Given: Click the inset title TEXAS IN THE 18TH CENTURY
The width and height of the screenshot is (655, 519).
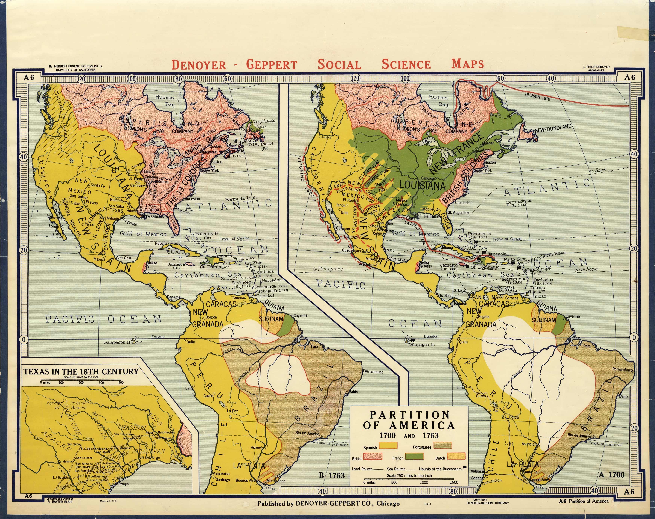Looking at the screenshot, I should coord(81,372).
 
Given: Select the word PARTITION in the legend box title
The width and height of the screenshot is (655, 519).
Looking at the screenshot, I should coord(409,415).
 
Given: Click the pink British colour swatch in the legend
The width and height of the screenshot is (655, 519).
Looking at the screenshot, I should coord(373,457).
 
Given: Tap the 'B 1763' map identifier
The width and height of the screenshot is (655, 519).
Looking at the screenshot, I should coord(332,475).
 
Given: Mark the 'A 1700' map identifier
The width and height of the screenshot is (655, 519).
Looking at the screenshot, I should coord(611,475).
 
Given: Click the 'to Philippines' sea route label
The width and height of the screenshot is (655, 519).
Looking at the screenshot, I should coord(328,269).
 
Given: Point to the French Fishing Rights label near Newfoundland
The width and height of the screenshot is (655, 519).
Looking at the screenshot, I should coord(264,123).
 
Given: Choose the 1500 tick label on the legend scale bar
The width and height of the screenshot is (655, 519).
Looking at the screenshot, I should coord(454,482).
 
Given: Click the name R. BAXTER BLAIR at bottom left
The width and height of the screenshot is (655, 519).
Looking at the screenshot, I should coord(60,501).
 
